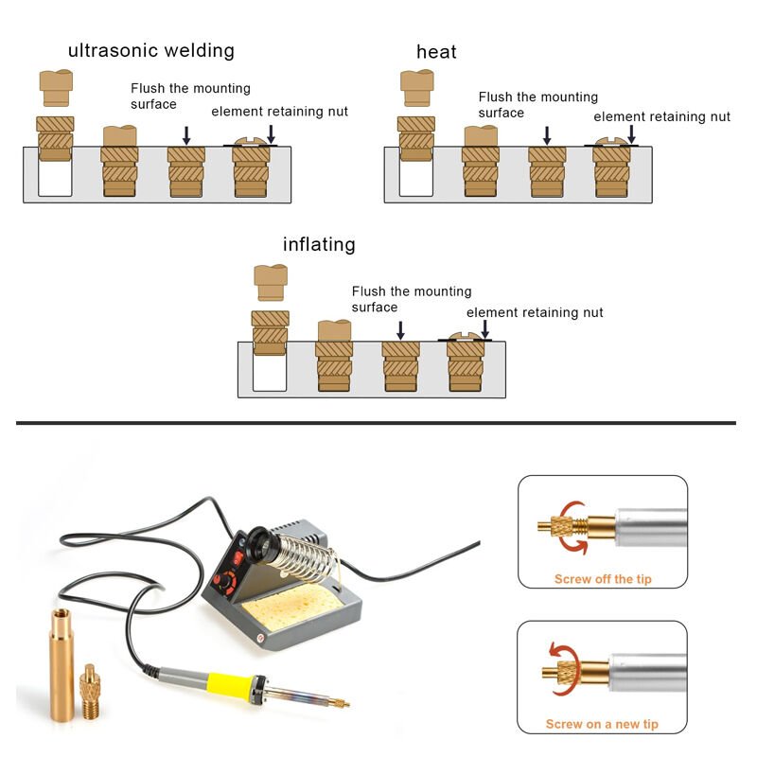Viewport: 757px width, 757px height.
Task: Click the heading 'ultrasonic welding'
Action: [150, 51]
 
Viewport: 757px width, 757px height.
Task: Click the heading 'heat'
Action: [436, 52]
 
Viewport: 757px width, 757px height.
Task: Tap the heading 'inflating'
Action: [319, 245]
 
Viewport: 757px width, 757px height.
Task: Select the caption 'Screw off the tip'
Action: [602, 579]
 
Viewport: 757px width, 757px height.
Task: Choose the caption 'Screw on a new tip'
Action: [602, 725]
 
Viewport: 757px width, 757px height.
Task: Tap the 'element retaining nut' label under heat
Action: [661, 117]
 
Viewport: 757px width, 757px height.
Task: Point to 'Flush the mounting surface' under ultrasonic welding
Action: [189, 96]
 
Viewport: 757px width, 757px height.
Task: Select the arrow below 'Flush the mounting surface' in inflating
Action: [400, 329]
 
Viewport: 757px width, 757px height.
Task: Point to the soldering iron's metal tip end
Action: [342, 704]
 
